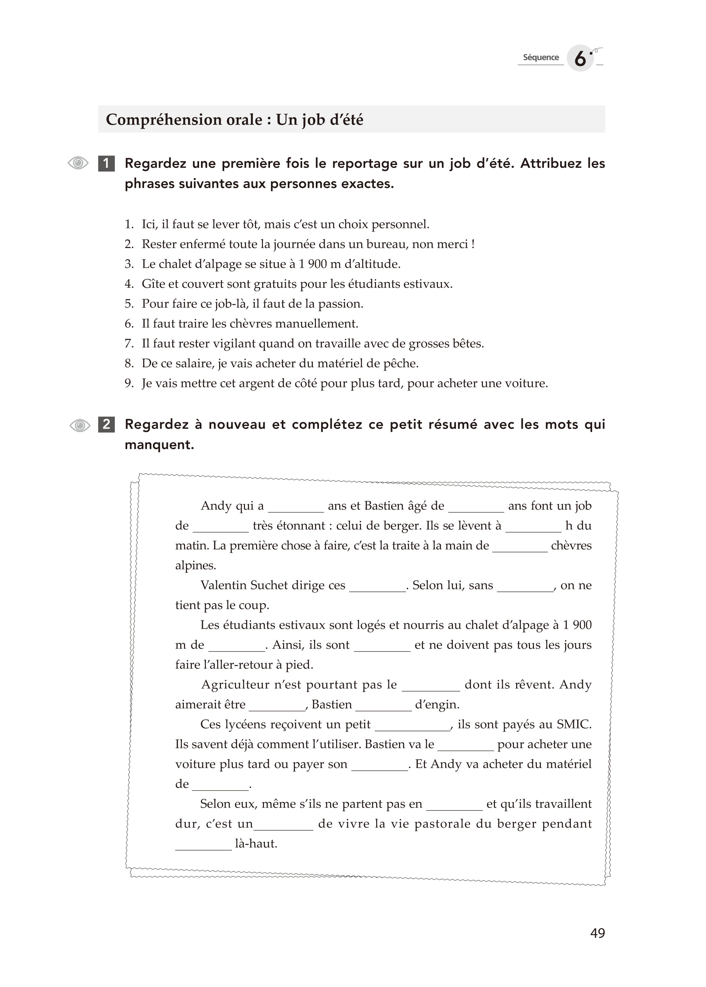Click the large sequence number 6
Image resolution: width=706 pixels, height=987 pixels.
point(580,58)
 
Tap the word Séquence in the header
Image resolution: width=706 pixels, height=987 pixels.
point(541,57)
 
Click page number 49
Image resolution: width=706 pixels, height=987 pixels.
point(597,933)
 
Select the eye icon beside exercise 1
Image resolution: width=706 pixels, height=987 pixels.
point(78,163)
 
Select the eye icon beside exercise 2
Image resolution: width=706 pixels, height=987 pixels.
point(80,425)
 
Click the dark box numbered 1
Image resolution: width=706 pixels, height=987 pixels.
point(107,163)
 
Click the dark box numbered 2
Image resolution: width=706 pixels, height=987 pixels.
point(107,424)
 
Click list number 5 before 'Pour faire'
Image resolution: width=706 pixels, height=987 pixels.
point(129,304)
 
